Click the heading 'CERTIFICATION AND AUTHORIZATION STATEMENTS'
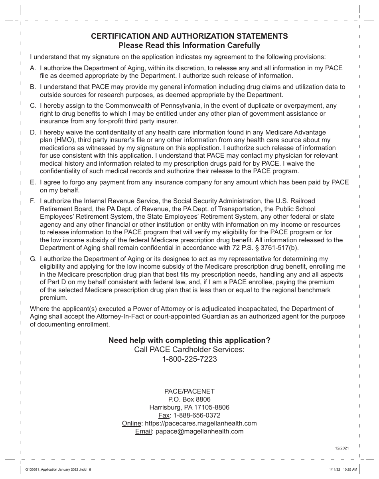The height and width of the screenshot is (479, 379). [189, 36]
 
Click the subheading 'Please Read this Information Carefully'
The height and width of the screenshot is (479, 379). [189, 46]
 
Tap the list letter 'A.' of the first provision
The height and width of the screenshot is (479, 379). [34, 68]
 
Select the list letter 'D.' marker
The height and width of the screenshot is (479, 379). [34, 132]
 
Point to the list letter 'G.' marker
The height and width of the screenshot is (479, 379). [34, 259]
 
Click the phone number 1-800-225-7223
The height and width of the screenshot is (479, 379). [189, 359]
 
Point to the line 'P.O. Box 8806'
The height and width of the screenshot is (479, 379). [189, 400]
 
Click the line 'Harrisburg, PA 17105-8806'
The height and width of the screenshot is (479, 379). [189, 408]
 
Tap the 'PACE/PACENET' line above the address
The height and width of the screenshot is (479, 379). [189, 392]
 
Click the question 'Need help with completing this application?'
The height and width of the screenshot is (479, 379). [189, 340]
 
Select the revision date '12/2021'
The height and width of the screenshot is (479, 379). [342, 449]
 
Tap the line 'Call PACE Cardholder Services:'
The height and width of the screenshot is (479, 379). [189, 350]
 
